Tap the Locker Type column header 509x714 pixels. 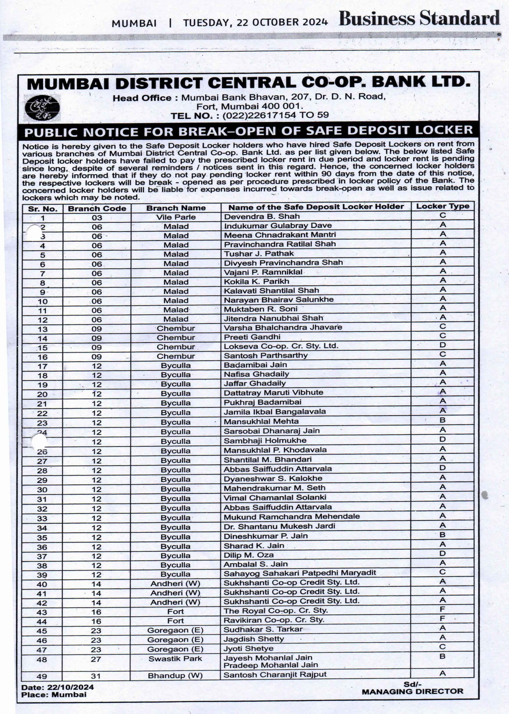[x=442, y=206]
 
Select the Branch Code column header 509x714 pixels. [x=97, y=208]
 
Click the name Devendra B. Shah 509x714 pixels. [x=262, y=216]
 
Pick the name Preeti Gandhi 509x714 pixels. [x=252, y=337]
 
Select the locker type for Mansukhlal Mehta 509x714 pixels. [x=442, y=420]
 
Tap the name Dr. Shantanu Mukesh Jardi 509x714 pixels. [x=279, y=526]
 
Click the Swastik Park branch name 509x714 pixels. [x=175, y=658]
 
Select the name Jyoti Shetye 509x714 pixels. [x=248, y=648]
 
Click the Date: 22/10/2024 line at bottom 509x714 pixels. [x=57, y=687]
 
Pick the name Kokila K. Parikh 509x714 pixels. [x=256, y=281]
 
